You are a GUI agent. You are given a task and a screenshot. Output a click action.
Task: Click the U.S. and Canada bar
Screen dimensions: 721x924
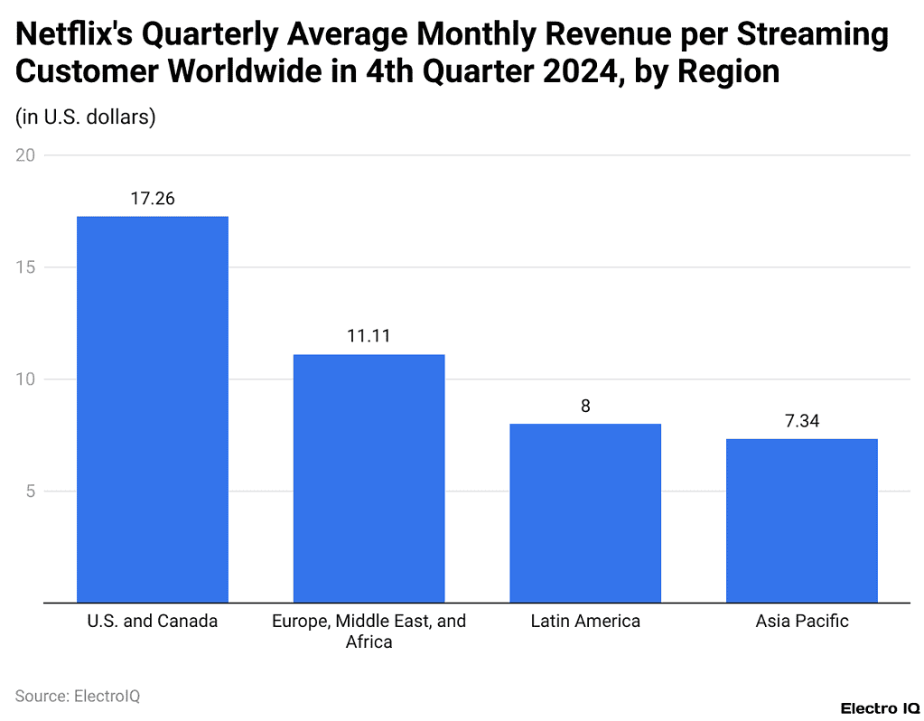pyautogui.click(x=153, y=408)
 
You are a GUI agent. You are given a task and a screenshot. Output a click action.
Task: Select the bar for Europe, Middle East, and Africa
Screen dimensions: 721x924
pyautogui.click(x=369, y=478)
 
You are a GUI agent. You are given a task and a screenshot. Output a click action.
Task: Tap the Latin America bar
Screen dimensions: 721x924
pyautogui.click(x=585, y=512)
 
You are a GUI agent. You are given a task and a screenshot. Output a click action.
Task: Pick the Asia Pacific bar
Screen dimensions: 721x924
pyautogui.click(x=801, y=520)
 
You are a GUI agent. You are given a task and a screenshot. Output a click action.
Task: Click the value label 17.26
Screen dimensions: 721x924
pyautogui.click(x=153, y=198)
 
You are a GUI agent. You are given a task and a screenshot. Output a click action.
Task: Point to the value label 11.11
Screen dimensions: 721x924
pyautogui.click(x=369, y=336)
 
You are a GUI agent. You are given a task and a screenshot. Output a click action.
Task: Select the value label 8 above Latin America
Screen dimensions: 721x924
pyautogui.click(x=585, y=406)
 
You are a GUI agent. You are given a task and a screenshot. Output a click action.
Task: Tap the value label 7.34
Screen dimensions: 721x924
pyautogui.click(x=801, y=420)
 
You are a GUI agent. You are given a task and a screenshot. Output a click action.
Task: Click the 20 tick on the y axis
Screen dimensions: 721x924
pyautogui.click(x=25, y=155)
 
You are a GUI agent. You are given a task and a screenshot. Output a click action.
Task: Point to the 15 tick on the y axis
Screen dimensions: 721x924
pyautogui.click(x=25, y=267)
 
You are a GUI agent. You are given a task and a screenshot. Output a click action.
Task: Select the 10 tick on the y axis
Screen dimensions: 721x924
pyautogui.click(x=25, y=379)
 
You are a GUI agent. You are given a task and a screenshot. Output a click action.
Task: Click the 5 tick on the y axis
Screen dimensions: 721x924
pyautogui.click(x=29, y=492)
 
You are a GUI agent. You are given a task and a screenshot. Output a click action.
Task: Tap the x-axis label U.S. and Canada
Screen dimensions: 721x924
pyautogui.click(x=153, y=622)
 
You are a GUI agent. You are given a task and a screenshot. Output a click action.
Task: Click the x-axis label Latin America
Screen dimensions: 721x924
pyautogui.click(x=585, y=622)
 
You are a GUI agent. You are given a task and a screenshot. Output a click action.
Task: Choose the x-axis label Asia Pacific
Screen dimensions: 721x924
pyautogui.click(x=801, y=622)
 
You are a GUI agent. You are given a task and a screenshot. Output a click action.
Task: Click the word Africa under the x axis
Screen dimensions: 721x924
pyautogui.click(x=369, y=643)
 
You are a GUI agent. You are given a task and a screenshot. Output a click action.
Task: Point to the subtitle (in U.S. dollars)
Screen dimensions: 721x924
pyautogui.click(x=86, y=117)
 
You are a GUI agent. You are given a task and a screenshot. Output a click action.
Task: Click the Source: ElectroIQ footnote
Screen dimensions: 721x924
pyautogui.click(x=78, y=696)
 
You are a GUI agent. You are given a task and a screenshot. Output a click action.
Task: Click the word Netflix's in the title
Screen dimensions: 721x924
pyautogui.click(x=74, y=36)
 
